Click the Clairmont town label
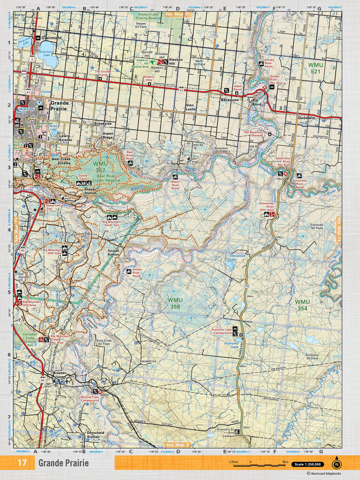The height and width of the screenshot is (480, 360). point(52,38)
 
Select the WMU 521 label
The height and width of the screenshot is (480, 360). point(316,68)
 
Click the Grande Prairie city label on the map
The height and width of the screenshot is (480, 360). point(59,106)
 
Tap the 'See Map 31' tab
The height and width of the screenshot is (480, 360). point(178,14)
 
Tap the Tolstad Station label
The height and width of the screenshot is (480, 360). point(113,252)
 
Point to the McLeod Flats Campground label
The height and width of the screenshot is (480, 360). point(89,398)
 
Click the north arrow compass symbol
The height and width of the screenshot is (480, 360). point(337,464)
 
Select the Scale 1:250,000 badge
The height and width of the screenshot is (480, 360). point(307,464)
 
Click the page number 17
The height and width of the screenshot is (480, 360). point(22,463)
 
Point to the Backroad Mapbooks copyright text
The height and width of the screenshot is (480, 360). point(324,474)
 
